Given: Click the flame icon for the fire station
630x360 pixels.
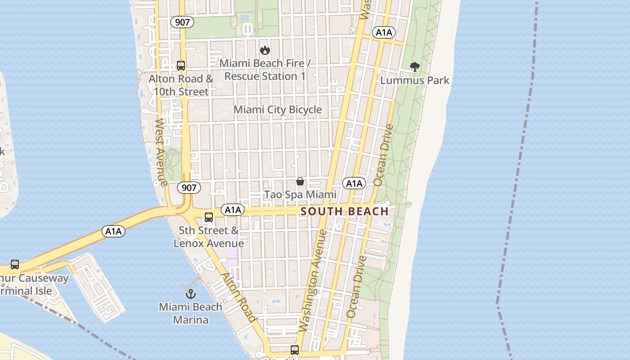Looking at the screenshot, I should (265, 50).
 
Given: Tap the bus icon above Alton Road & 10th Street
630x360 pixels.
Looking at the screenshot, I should (181, 66).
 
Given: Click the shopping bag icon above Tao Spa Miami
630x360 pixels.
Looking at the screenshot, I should (300, 181).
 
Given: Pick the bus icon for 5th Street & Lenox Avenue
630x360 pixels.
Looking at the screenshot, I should (209, 217).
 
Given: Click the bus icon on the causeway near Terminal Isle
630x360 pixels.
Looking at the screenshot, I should (15, 265).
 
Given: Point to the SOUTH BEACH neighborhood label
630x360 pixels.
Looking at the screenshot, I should (344, 211).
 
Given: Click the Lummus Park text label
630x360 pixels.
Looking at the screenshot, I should (415, 81).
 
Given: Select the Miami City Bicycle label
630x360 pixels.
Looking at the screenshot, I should (278, 110).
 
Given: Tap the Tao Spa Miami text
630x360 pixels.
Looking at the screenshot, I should (300, 195).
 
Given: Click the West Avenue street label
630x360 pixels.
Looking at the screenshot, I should (161, 152).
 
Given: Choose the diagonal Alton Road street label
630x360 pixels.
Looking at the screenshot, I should (239, 297).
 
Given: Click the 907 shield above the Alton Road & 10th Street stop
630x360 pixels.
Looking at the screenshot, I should (182, 22).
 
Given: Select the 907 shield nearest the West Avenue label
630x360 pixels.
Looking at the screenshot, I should (189, 187).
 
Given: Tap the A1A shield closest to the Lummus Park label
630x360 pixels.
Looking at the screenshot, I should (384, 32).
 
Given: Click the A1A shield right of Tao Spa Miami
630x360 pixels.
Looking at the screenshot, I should (354, 183).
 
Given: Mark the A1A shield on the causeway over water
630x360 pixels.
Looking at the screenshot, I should (113, 231).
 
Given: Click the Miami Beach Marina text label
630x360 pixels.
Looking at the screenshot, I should (190, 314).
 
